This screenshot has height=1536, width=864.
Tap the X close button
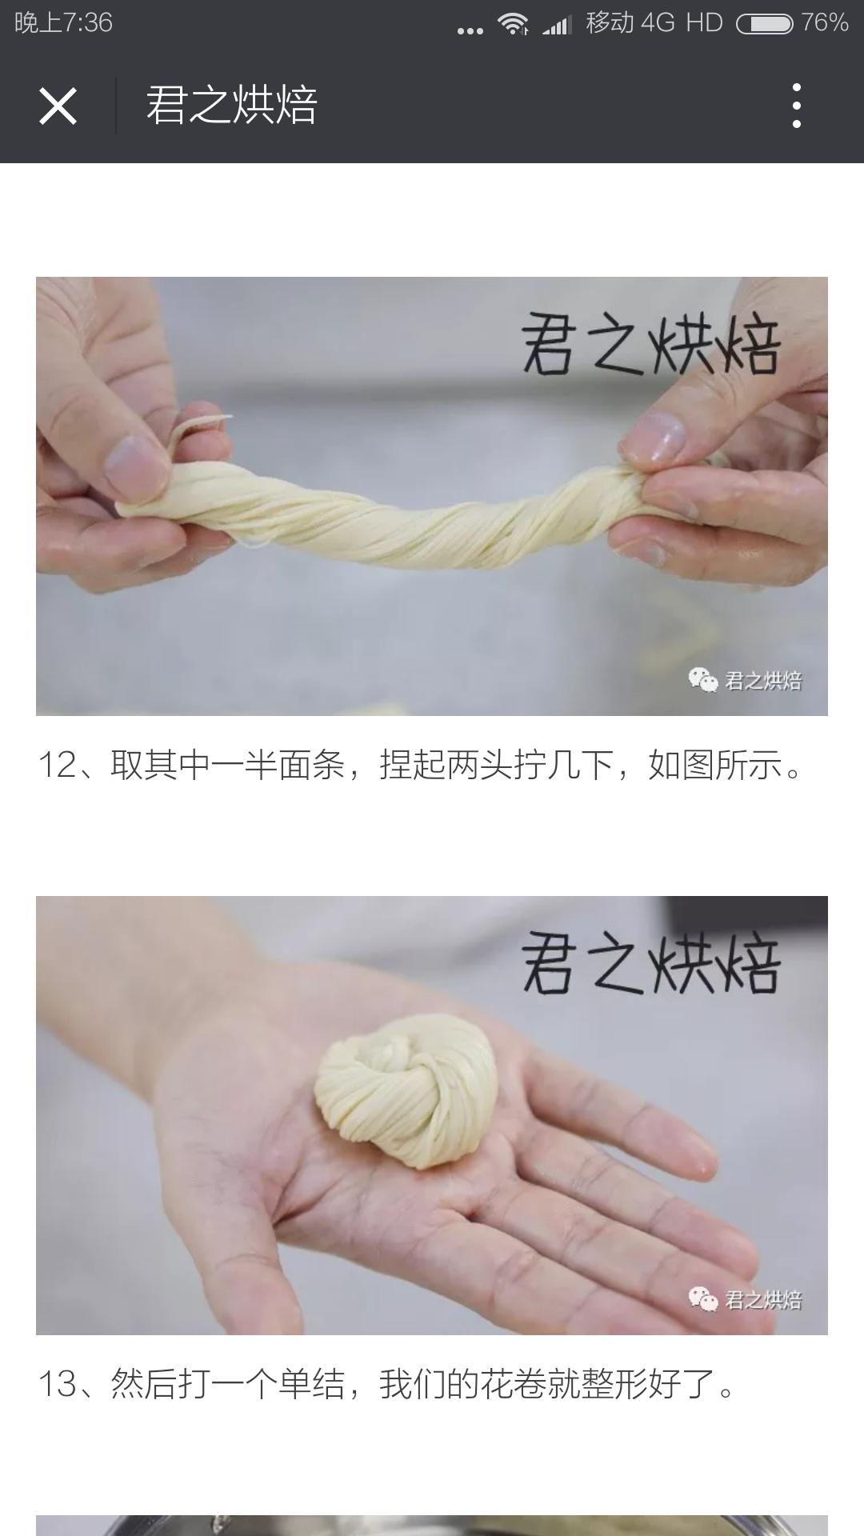click(58, 106)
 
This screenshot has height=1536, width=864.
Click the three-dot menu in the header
click(796, 106)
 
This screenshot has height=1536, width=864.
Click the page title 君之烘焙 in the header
click(232, 106)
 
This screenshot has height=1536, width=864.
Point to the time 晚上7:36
click(64, 22)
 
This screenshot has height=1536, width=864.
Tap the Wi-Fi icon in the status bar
click(512, 24)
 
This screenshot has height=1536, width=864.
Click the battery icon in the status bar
click(764, 24)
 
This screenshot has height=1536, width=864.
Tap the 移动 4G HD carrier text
click(654, 22)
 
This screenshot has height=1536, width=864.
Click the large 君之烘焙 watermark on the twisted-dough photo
click(650, 346)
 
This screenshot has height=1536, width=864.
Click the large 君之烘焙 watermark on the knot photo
click(650, 965)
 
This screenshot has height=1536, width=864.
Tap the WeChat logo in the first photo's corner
click(703, 681)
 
